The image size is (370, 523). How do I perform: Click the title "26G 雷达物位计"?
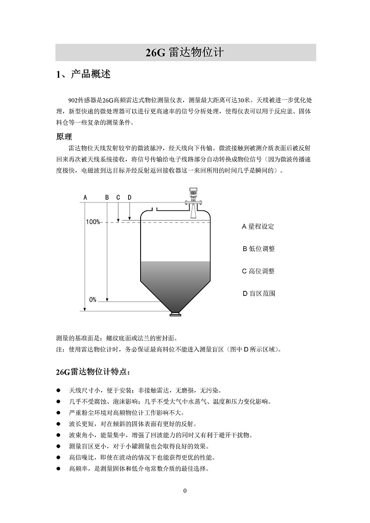(185, 53)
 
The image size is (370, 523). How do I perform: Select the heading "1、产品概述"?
(83, 74)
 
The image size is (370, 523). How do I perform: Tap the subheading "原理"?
(64, 137)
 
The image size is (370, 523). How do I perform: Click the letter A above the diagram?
(85, 197)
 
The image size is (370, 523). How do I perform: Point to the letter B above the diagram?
(107, 197)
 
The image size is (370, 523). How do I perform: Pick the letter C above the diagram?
(118, 197)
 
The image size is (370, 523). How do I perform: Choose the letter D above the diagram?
(129, 197)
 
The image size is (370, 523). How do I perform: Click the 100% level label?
(92, 222)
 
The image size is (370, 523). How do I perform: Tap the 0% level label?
(92, 300)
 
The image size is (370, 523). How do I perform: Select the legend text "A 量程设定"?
(258, 227)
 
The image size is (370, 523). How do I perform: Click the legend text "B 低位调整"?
(259, 249)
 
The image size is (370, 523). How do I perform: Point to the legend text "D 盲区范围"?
(259, 293)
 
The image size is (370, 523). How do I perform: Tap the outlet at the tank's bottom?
(175, 315)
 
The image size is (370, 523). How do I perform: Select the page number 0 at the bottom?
(185, 491)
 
